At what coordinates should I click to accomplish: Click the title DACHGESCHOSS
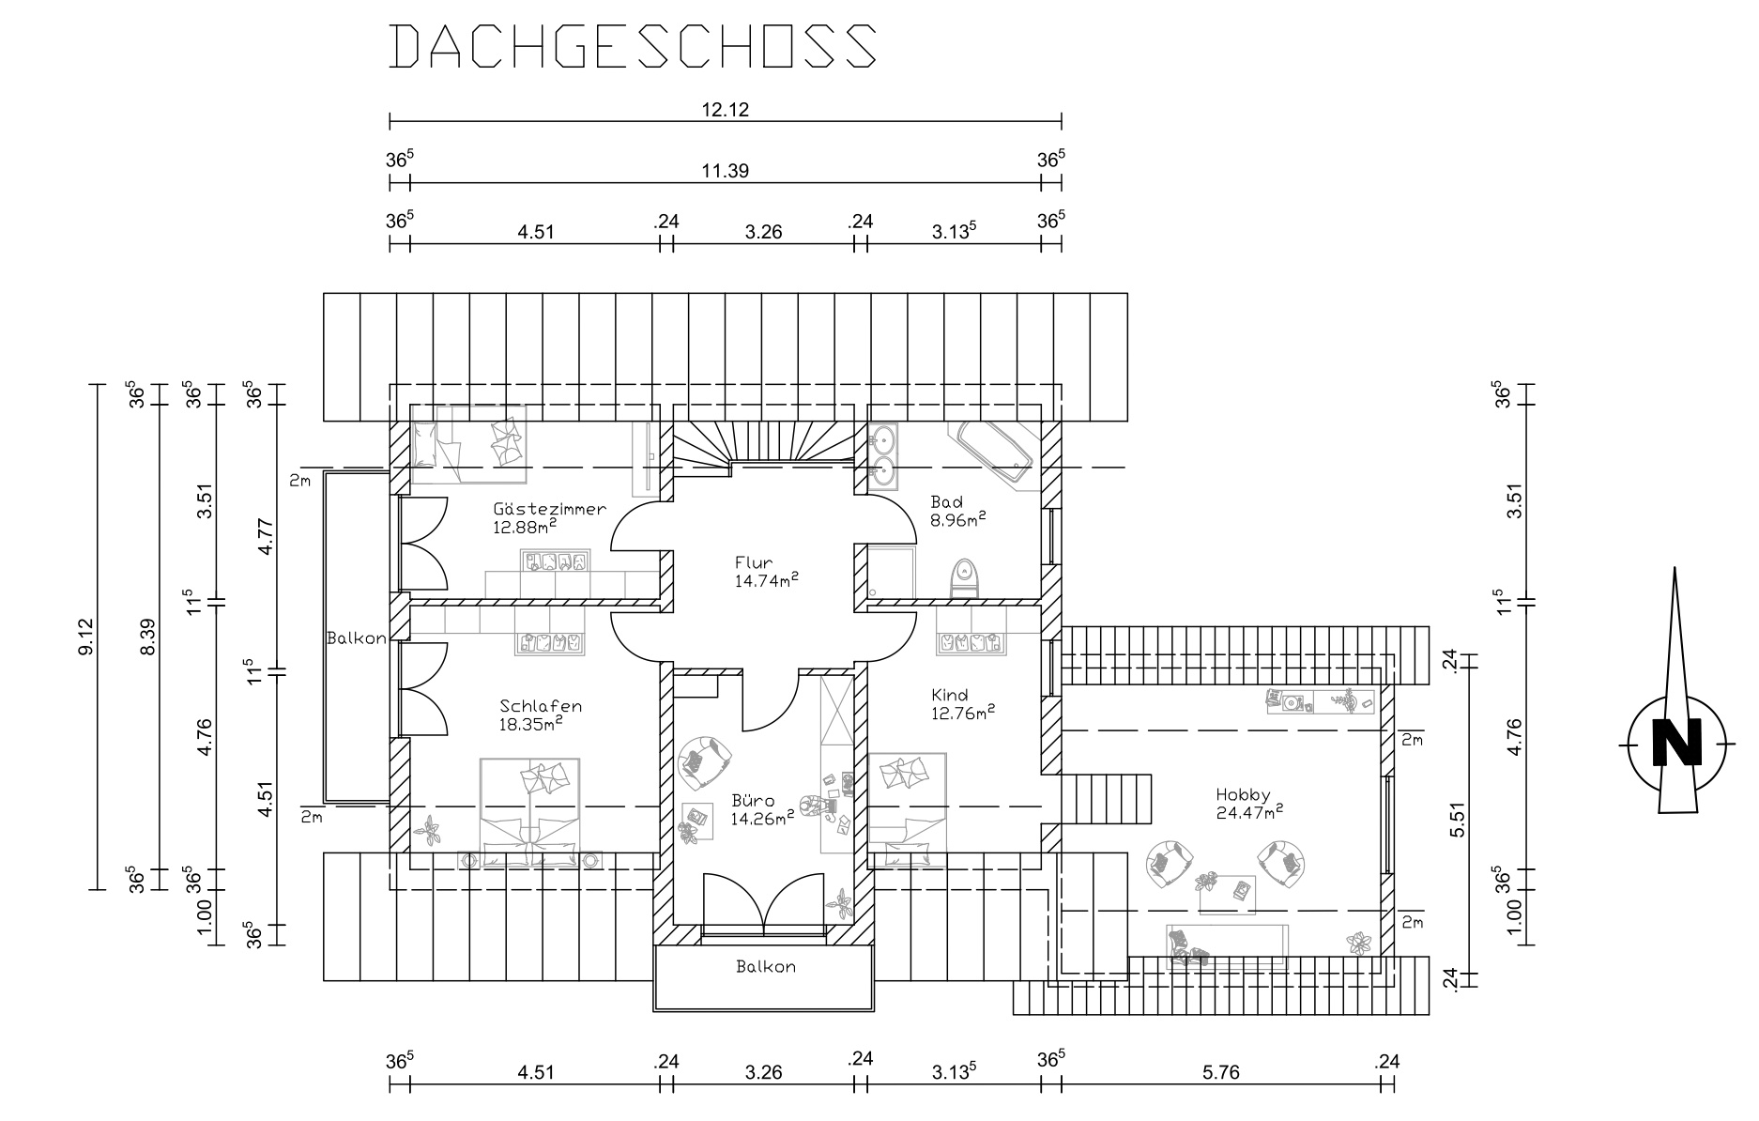633,46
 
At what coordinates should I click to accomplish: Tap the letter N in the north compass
1676,744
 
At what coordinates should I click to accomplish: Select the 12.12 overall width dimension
725,109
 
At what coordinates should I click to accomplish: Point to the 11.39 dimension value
725,170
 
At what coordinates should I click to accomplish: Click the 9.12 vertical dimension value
85,637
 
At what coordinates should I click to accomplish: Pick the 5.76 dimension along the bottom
1218,1071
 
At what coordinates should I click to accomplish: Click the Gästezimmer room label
549,509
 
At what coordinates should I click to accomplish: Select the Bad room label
946,501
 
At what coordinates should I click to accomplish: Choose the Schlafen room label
541,706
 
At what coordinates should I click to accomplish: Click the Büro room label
753,801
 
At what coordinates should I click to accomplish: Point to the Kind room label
949,695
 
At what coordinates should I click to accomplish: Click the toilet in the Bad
964,578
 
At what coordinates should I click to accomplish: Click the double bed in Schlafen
530,811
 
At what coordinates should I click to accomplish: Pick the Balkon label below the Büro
766,966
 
